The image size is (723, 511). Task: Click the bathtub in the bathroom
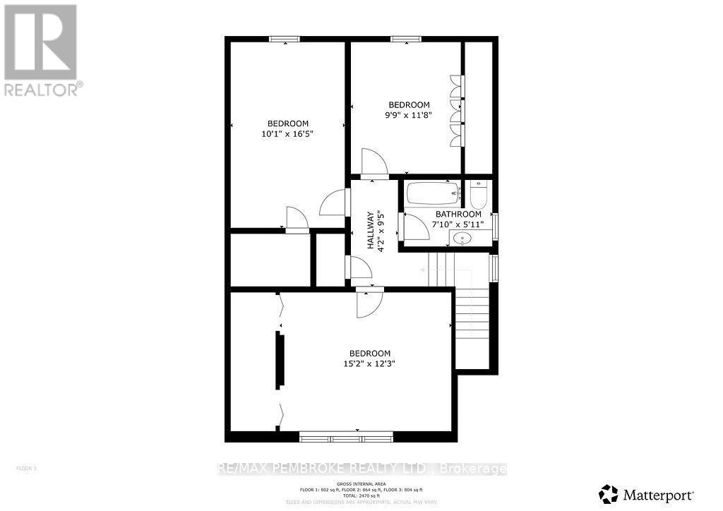[x=432, y=193]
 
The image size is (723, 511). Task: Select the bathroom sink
[x=464, y=238]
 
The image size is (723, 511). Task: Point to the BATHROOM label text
[x=458, y=215]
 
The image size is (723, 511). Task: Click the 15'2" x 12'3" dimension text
[x=370, y=364]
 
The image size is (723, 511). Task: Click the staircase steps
[x=471, y=318]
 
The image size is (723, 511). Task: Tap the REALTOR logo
[x=42, y=49]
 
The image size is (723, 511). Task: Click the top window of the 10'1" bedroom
[x=285, y=38]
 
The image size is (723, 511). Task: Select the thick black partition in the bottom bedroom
[x=280, y=359]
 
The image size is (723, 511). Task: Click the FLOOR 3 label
[x=26, y=468]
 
